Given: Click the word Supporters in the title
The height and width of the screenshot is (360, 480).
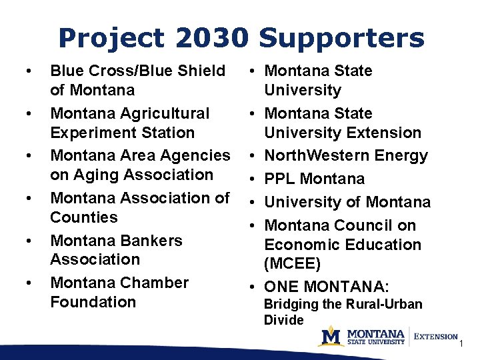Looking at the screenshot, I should coord(341,38).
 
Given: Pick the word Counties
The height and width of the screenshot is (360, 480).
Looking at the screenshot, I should coord(84,217).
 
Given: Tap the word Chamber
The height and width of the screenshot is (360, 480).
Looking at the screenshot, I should coord(157,283).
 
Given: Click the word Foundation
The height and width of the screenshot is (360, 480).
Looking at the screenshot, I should coord(93,302).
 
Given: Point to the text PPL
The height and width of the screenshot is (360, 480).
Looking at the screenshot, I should coord(280,179).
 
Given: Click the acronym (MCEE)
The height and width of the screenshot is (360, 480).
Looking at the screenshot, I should coord(293,264).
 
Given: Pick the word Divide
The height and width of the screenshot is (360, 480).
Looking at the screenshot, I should coord(284,320).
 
